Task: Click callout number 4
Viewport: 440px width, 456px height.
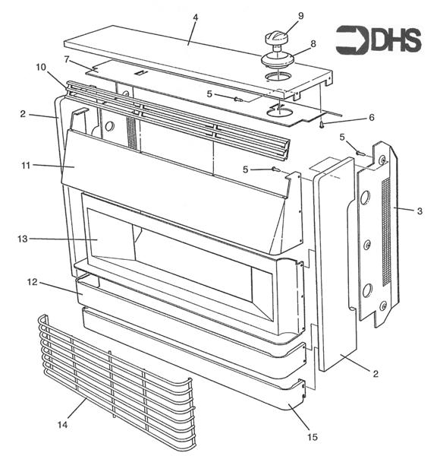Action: [194, 16]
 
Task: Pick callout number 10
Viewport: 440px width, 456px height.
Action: [40, 67]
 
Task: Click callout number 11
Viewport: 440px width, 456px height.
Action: [27, 164]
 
